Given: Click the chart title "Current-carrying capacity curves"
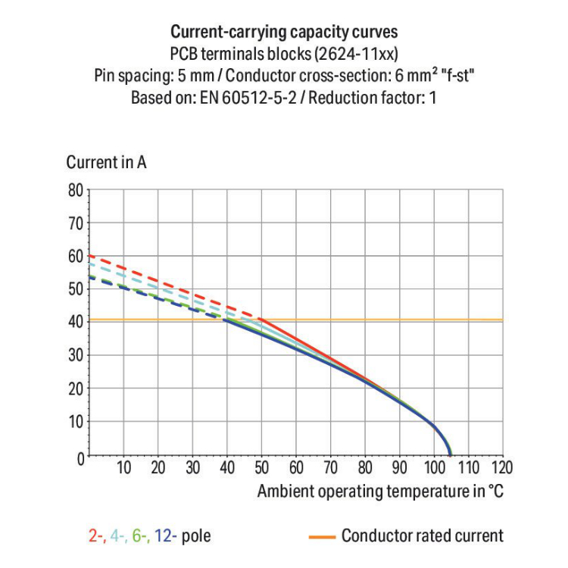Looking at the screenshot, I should click(284, 33).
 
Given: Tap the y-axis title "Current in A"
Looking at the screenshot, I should click(106, 163).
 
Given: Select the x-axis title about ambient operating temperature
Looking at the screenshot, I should click(379, 491).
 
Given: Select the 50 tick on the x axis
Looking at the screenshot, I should click(261, 467).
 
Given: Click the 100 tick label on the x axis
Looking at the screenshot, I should click(433, 467).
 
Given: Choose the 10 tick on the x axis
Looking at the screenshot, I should click(124, 467).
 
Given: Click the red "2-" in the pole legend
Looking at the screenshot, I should click(96, 537).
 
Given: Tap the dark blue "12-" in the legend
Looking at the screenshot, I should click(166, 537).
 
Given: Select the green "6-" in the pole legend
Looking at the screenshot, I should click(142, 537).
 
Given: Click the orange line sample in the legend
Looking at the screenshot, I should click(322, 537).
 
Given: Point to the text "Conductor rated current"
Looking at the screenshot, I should click(422, 536).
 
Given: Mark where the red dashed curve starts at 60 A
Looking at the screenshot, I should click(90, 256).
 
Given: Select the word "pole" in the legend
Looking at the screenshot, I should click(196, 537).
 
